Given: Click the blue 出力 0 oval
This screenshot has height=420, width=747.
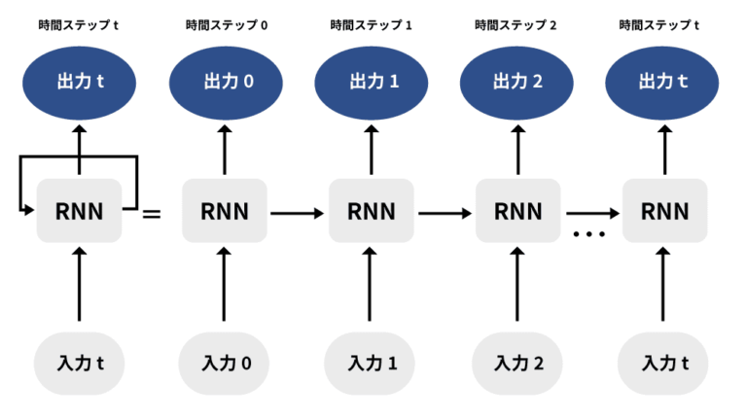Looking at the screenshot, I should pos(226,81).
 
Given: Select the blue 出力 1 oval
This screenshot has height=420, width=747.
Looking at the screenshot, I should pos(371,81).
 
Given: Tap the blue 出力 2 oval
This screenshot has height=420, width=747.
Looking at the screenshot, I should pos(516,81).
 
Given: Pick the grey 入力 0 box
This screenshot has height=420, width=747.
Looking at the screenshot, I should pos(226,364).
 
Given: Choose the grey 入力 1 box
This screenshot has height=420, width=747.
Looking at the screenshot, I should pos(371,364).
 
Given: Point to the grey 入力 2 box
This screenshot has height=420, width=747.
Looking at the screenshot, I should pos(516,364).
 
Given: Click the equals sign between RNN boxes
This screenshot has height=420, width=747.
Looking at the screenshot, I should pos(152,211).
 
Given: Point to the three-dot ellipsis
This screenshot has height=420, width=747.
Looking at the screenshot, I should pos(589,234).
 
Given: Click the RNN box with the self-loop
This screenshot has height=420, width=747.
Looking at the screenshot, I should pos(79,211).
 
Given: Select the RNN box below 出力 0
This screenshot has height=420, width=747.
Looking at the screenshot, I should pos(226,211).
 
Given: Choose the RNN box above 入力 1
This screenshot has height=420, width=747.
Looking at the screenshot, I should pos(371,211).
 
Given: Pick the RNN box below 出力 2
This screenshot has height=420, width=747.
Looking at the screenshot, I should pos(516,211).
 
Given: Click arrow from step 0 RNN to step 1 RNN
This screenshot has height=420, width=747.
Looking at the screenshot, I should pos(298,211).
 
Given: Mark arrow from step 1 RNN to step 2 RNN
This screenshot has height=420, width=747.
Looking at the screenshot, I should pos(444,211).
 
